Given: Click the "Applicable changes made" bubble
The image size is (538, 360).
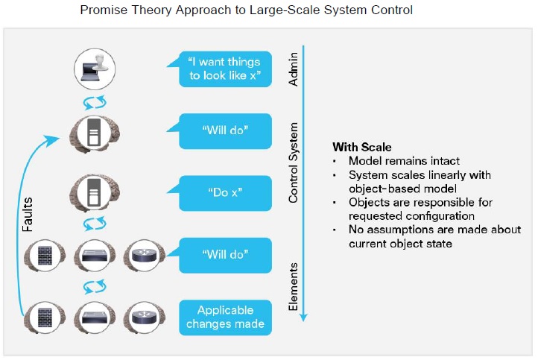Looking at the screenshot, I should (225, 318).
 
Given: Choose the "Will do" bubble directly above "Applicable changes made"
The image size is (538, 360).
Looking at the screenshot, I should (225, 255).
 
